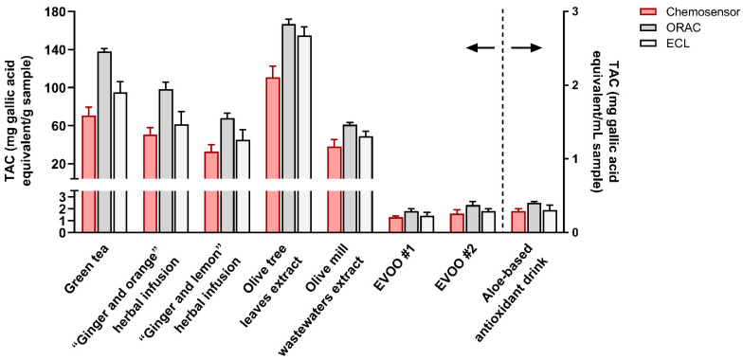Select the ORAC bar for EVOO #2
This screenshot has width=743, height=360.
click(473, 219)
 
